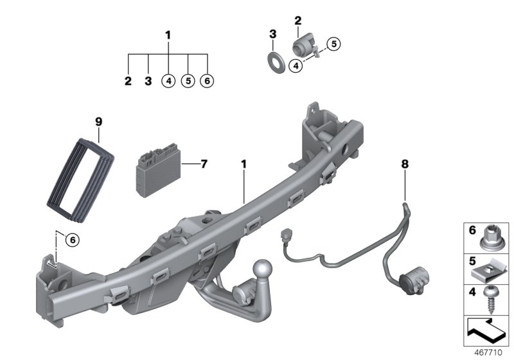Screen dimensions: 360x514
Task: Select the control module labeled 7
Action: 158,171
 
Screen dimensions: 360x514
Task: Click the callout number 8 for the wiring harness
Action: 405,165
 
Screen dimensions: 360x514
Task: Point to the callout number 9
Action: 98,121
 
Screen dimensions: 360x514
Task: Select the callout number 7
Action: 204,164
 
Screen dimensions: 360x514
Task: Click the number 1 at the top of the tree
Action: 168,34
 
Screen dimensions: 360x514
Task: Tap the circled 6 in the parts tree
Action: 208,82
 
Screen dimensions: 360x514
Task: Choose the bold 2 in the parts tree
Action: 128,82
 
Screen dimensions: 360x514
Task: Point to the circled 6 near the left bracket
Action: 72,240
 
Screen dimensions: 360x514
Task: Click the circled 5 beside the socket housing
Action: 333,44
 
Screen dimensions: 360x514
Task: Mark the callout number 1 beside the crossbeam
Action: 244,165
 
